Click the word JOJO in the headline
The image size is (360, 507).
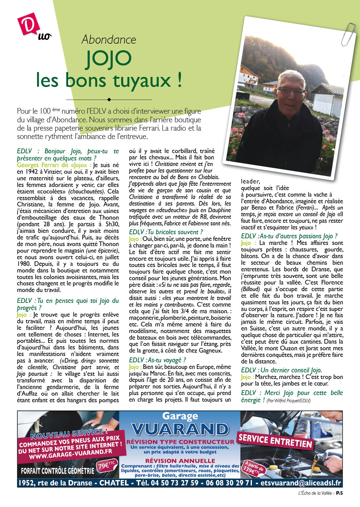tap(109, 60)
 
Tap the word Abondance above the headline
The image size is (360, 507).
tap(109, 40)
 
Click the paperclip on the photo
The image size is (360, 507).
tap(348, 33)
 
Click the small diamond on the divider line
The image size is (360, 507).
tap(109, 100)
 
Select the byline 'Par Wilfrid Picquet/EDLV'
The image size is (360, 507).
tap(288, 401)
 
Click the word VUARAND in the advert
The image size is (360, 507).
tap(180, 429)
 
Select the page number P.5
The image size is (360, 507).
tap(340, 493)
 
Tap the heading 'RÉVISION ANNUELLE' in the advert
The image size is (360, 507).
tap(180, 460)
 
